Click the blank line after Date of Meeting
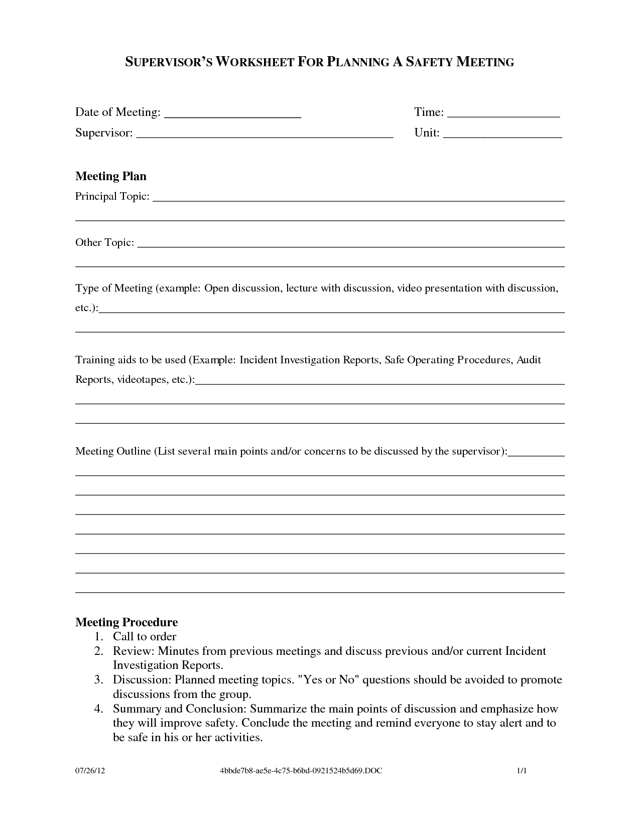[233, 116]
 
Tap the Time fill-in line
[503, 116]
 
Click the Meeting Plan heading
[111, 176]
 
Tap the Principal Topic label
[112, 196]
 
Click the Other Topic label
[104, 242]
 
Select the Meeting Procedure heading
[126, 622]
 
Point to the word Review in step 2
[133, 651]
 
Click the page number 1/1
[522, 770]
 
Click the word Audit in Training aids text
[529, 360]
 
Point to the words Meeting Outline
[113, 451]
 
